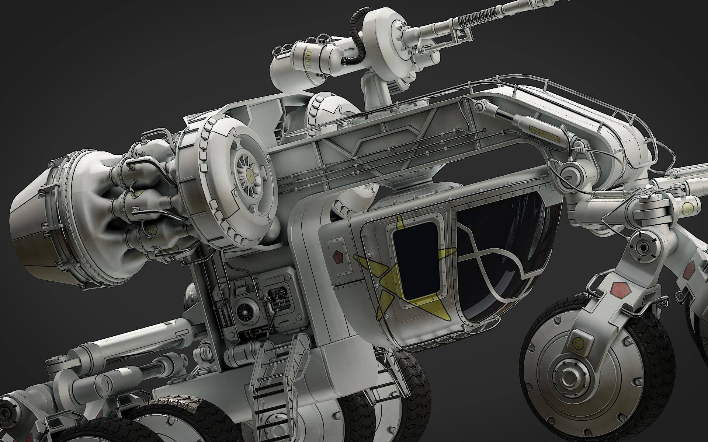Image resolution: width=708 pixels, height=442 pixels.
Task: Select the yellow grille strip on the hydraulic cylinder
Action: [543, 130]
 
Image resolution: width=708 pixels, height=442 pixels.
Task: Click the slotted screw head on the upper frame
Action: [480, 107]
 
